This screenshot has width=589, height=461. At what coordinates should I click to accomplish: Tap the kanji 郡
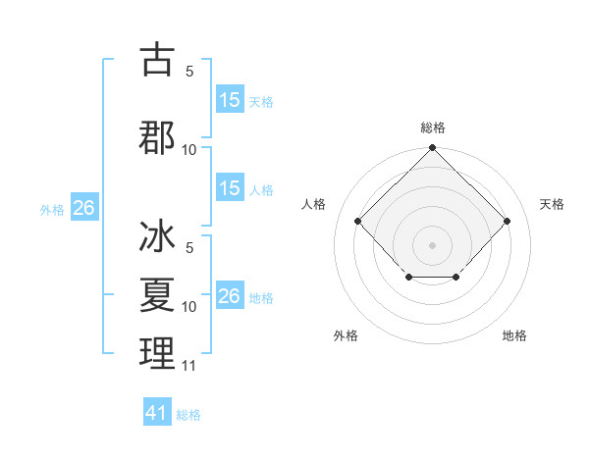[x=157, y=136]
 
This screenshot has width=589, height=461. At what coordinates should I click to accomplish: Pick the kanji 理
[x=157, y=353]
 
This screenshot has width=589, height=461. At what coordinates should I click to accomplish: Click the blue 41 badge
[x=157, y=413]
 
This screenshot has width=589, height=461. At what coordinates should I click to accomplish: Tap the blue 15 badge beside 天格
[x=230, y=100]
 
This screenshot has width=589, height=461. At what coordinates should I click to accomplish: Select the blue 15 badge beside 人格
[x=230, y=188]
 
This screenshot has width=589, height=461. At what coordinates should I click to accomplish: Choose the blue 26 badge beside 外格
[x=83, y=208]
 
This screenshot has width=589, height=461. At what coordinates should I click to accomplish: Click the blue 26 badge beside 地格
[x=230, y=296]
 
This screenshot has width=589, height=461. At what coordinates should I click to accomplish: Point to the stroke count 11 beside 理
[x=189, y=367]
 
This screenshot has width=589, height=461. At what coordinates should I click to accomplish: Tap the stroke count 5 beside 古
[x=189, y=72]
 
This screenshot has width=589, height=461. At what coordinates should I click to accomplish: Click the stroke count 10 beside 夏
[x=189, y=307]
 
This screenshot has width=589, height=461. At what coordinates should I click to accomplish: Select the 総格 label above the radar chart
[x=432, y=128]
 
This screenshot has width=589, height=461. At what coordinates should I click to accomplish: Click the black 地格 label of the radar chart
[x=514, y=335]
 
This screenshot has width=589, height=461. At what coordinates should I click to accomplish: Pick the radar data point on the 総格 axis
[x=432, y=149]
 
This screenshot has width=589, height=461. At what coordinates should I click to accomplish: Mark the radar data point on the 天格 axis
[x=507, y=221]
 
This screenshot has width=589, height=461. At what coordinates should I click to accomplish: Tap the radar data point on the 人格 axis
[x=357, y=221]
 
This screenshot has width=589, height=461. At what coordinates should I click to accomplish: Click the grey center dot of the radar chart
[x=432, y=244]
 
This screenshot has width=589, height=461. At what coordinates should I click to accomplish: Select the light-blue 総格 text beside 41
[x=188, y=415]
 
